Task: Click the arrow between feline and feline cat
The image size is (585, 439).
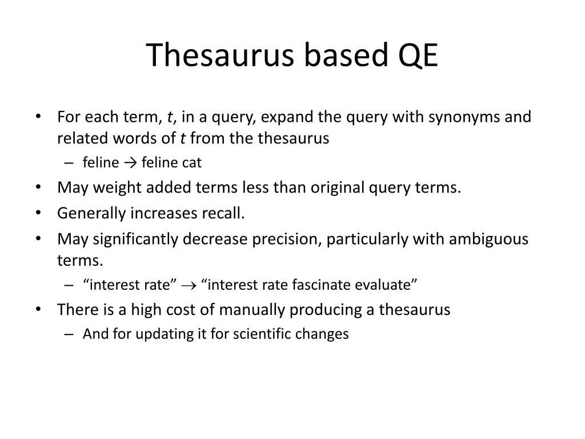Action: click(130, 163)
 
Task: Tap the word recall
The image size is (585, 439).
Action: click(225, 213)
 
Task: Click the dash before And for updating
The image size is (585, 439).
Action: click(69, 334)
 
